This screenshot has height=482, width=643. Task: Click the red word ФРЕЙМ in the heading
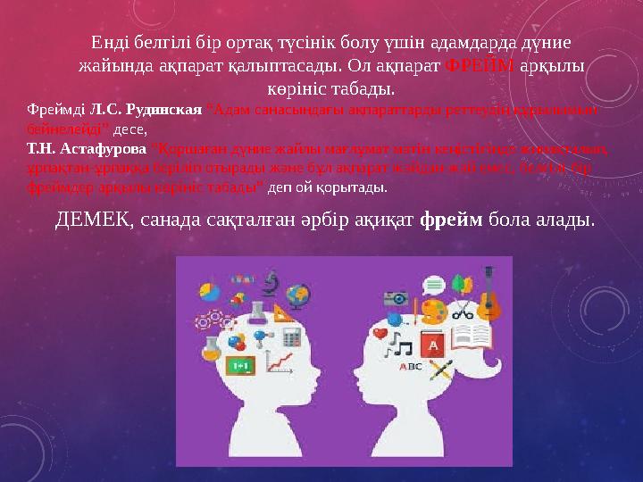pos(478,66)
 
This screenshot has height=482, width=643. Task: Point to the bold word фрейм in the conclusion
pos(452,219)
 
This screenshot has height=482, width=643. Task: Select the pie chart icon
pos(210,292)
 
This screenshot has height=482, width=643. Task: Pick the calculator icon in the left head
pos(289,338)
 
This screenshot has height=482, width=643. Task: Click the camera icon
pos(396,298)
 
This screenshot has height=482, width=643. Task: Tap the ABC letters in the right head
pos(410,366)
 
